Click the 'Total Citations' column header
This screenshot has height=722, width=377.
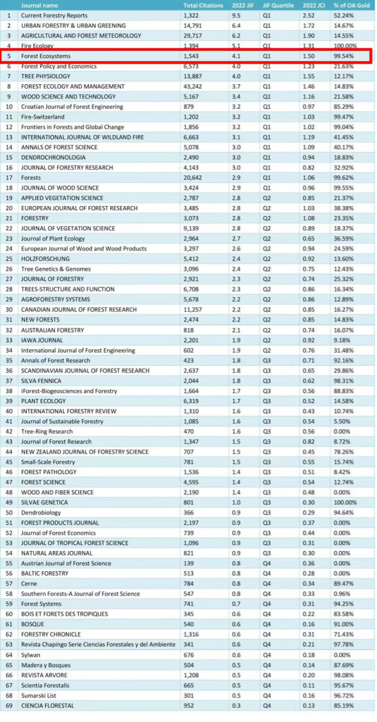point(202,5)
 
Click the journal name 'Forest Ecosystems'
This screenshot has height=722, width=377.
point(46,56)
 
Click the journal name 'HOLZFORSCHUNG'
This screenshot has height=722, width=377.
point(45,259)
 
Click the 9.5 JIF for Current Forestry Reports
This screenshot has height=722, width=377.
point(236,15)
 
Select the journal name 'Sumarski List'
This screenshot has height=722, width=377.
point(39,695)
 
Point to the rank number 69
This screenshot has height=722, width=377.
point(9,705)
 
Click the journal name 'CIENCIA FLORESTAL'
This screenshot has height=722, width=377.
point(48,705)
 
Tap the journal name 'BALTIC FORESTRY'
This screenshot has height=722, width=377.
point(45,574)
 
